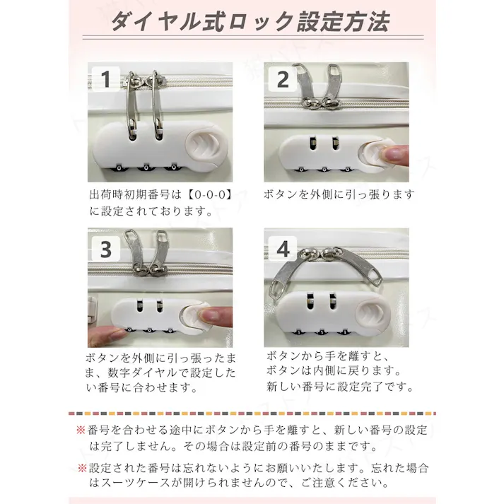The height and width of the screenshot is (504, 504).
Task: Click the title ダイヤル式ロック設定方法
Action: (250, 23)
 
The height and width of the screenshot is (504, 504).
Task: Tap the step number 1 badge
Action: (106, 79)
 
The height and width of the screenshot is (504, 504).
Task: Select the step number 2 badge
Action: (283, 79)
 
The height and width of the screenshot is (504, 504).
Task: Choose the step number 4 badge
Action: (283, 249)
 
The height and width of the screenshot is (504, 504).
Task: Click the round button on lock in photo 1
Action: (208, 146)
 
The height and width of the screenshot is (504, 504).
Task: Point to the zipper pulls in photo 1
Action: (141, 106)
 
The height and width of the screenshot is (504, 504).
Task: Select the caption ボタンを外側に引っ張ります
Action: (339, 194)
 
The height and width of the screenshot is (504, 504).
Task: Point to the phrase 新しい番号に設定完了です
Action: (339, 387)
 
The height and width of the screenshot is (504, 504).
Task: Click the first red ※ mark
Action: (81, 430)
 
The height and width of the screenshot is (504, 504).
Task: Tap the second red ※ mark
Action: (81, 468)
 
